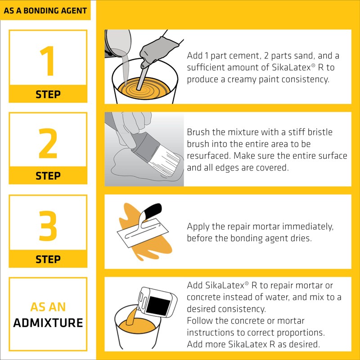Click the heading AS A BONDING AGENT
45,10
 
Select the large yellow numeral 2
48,144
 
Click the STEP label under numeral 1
48,94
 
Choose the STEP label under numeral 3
48,259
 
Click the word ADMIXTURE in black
48,322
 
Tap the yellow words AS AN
48,307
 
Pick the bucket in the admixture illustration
134,333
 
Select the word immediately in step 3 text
306,226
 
